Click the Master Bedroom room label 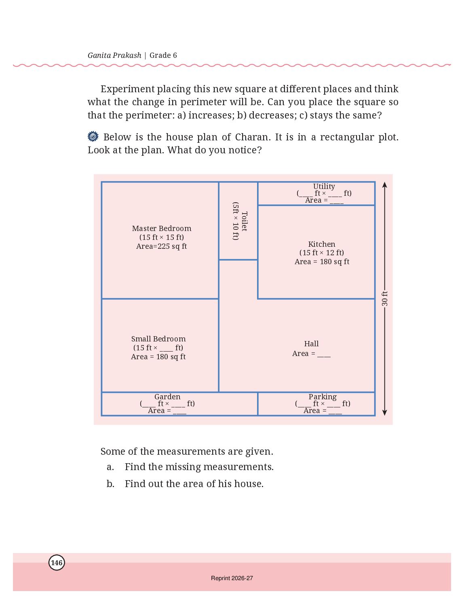pos(161,228)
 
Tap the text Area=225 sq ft pos(161,246)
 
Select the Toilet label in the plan pos(245,221)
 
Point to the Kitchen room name pos(322,244)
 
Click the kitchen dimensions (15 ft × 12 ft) pos(322,253)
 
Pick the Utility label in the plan pos(324,186)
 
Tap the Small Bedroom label pos(158,339)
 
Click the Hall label pos(311,344)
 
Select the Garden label pos(167,396)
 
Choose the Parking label pos(323,396)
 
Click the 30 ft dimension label pos(385,299)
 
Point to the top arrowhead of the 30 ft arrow pos(385,182)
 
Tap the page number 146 pos(57,563)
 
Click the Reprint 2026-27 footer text pos(232,578)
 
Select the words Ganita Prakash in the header pos(114,55)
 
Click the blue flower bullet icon pos(93,136)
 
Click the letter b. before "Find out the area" pos(110,483)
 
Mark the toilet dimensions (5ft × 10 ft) pos(236,221)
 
